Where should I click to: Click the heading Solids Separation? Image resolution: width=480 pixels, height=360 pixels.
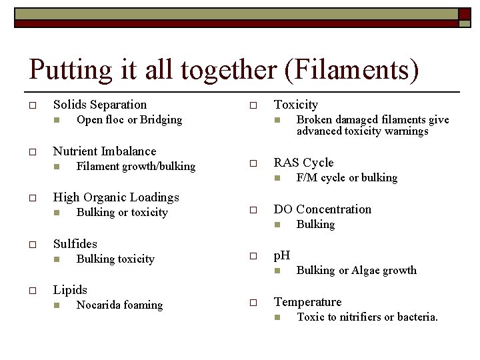(x=100, y=105)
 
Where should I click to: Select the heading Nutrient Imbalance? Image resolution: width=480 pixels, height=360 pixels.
(x=105, y=151)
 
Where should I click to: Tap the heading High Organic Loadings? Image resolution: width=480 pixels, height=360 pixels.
(x=116, y=197)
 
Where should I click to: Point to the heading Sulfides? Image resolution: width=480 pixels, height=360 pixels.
(x=75, y=244)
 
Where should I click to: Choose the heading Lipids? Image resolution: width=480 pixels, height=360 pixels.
(x=70, y=290)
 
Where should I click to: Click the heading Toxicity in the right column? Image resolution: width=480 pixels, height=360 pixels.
(x=296, y=105)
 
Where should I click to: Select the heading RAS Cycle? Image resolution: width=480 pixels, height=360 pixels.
(x=303, y=163)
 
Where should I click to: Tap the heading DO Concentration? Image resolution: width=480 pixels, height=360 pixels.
(x=323, y=209)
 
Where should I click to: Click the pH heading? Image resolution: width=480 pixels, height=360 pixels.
(x=282, y=255)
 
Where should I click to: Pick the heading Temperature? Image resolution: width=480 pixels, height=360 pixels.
(x=307, y=302)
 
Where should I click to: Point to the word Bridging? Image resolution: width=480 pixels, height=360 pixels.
(x=161, y=120)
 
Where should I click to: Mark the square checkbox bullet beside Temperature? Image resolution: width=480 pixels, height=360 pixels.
(x=253, y=303)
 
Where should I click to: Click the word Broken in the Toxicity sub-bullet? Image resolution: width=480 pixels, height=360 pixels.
(x=314, y=120)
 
